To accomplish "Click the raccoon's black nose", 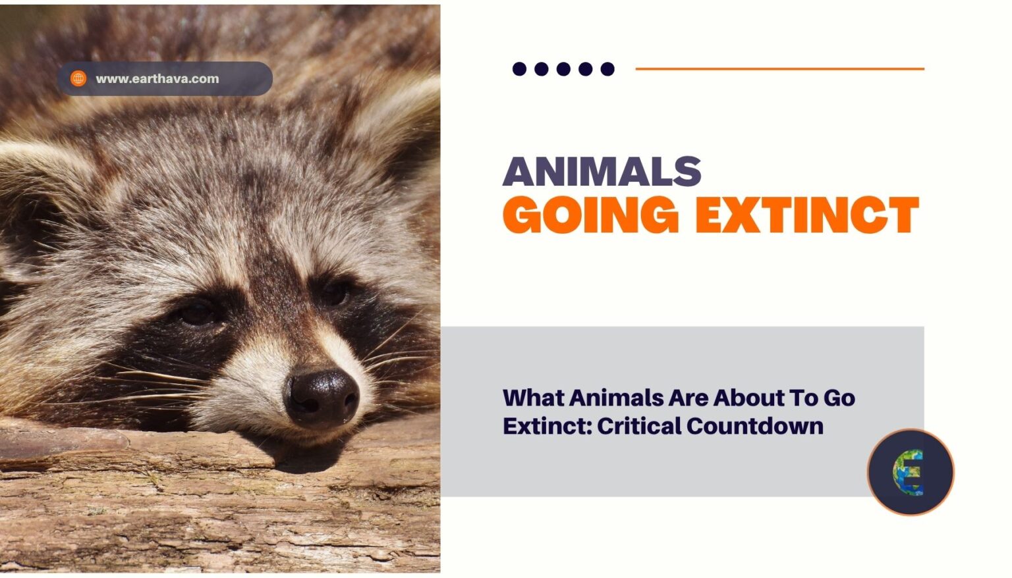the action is (x=322, y=398).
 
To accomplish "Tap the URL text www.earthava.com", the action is (x=157, y=79).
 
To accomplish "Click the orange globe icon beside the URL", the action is (x=78, y=78).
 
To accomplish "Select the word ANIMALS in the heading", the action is (x=602, y=171).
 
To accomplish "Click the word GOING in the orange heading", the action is (x=591, y=215).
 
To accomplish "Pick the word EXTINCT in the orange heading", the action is (x=807, y=215).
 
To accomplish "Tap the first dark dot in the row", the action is (x=520, y=69).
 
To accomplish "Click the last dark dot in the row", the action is (x=607, y=69).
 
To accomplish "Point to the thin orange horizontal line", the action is (x=780, y=69).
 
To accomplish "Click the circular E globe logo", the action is (x=911, y=472).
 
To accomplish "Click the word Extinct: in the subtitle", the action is (x=548, y=426).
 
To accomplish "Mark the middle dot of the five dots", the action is (x=563, y=69).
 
